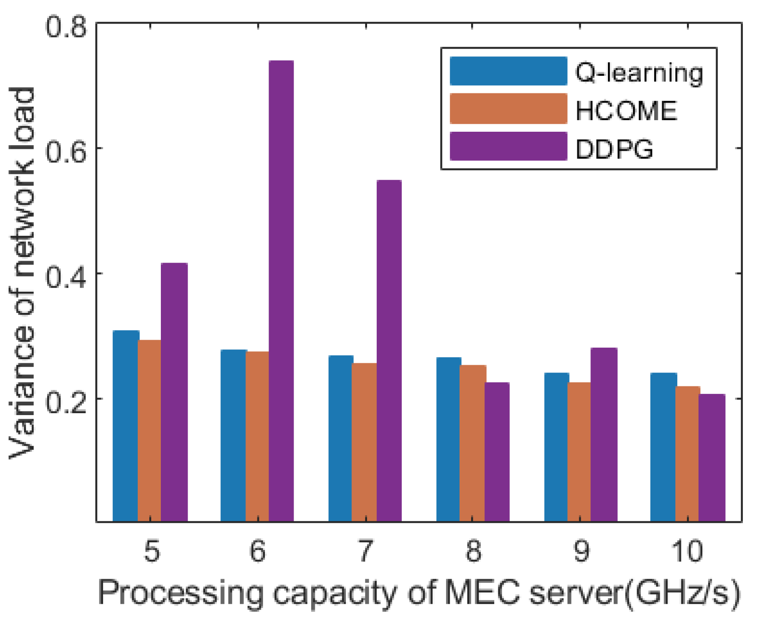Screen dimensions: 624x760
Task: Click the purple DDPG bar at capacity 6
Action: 281,291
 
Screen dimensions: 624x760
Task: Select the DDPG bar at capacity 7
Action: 389,351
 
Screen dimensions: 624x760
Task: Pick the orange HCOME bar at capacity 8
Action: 472,444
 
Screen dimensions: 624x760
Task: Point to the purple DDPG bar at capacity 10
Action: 711,458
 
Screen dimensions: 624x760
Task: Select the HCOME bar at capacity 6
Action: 257,437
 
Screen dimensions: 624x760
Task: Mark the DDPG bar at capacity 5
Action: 174,393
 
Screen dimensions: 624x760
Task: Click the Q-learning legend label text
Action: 639,73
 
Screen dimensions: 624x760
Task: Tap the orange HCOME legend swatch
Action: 508,109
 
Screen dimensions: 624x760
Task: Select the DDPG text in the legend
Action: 614,149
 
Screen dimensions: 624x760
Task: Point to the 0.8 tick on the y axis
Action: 66,27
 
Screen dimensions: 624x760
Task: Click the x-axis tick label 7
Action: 365,551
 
